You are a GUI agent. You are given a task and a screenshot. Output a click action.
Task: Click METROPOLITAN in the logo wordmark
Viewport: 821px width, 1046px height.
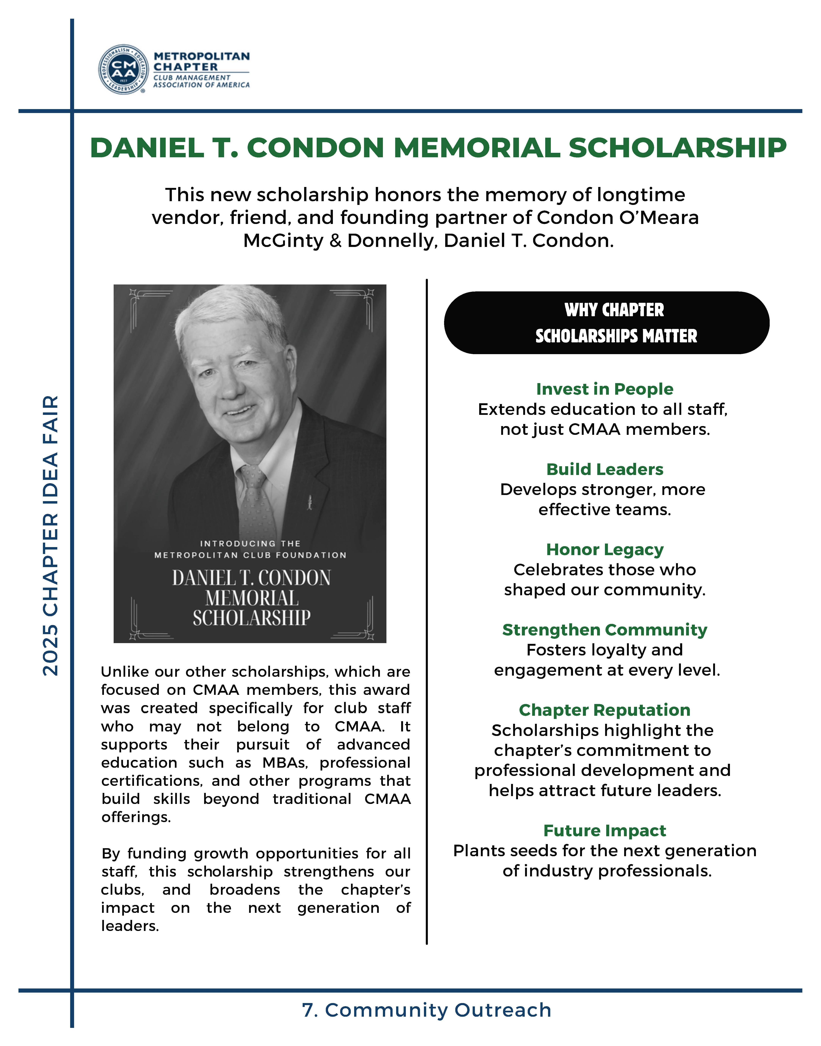click(201, 56)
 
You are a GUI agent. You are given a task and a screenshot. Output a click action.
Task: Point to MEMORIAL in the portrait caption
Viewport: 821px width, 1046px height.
click(252, 598)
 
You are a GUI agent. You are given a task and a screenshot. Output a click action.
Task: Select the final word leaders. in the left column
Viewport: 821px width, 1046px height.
click(130, 926)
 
